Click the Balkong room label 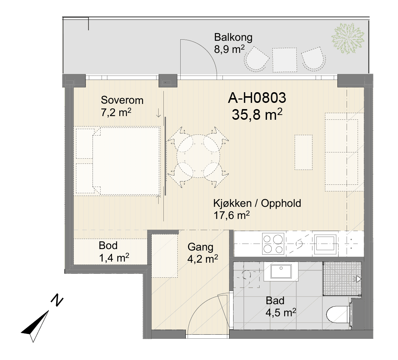[x=233, y=37]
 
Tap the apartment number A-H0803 [x=257, y=98]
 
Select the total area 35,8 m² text [x=257, y=114]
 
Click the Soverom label [x=122, y=100]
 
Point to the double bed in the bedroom [x=126, y=161]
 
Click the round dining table [x=198, y=156]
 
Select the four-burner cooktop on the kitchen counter [x=273, y=244]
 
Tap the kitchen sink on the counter [x=325, y=244]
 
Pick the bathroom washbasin [x=281, y=271]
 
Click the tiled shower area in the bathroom [x=342, y=279]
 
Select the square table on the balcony [x=284, y=60]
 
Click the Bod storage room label [x=108, y=245]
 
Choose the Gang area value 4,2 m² [x=203, y=259]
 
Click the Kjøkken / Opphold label [x=257, y=203]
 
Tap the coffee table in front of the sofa [x=303, y=152]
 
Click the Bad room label [x=275, y=300]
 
